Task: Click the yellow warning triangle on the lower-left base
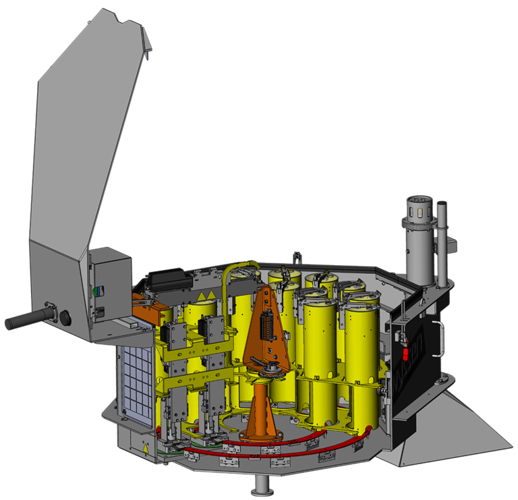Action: point(145,448)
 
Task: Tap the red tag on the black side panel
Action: point(406,353)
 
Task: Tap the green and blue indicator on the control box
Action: point(95,292)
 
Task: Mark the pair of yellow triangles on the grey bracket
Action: point(209,294)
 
